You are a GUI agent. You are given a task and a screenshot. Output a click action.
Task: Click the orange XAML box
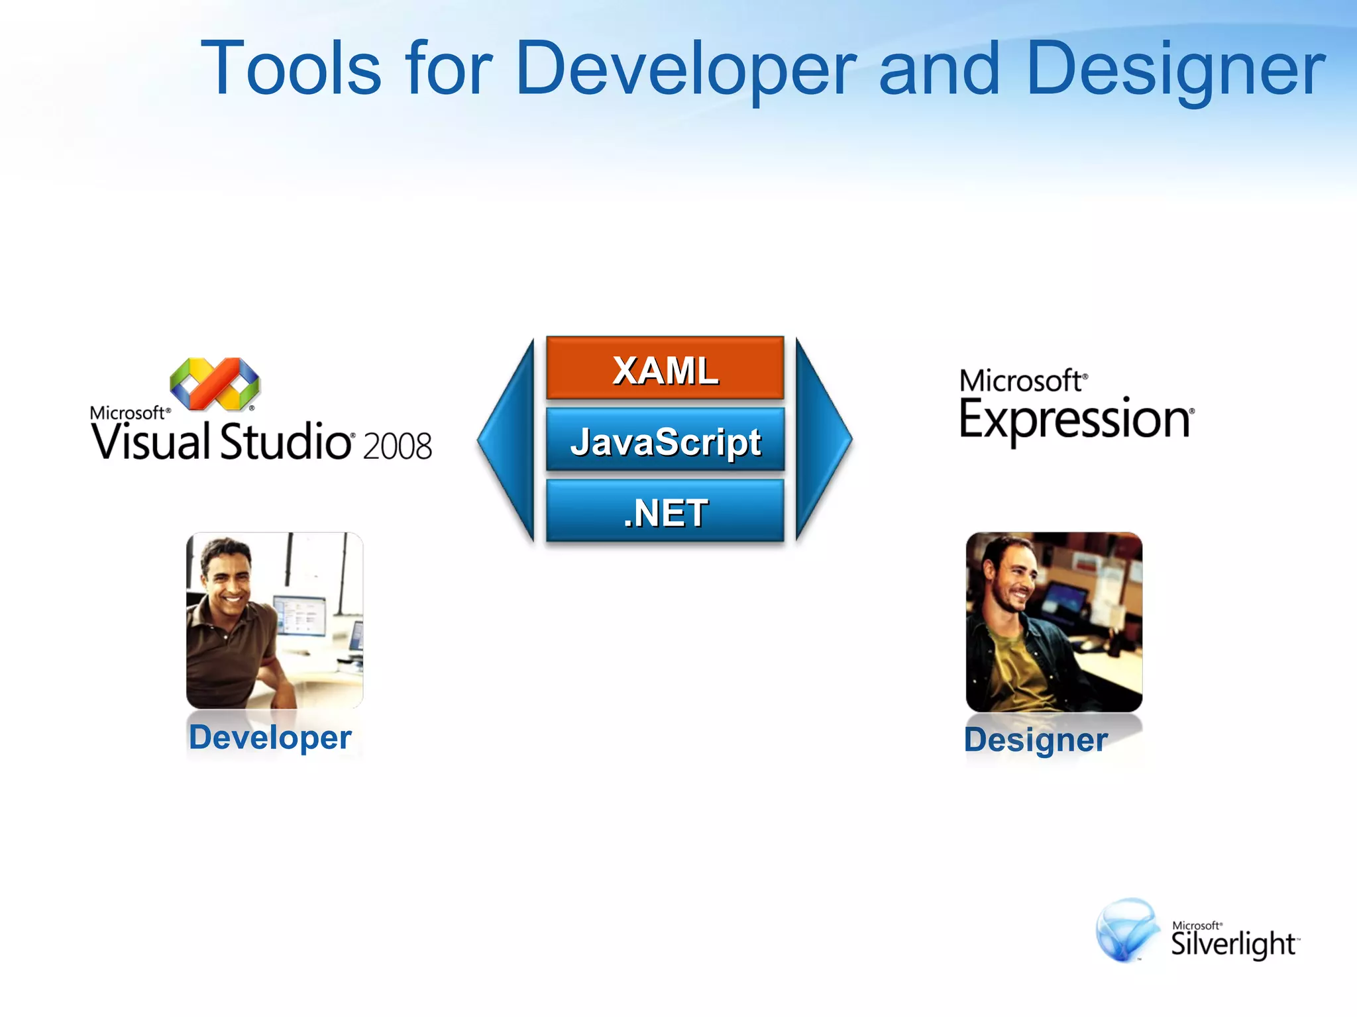(665, 368)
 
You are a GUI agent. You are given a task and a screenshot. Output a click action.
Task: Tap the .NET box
(665, 511)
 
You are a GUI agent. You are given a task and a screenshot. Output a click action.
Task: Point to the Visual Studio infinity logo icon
(214, 384)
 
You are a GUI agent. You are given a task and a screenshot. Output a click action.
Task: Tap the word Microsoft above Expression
(1020, 381)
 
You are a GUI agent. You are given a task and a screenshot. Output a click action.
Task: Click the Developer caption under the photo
(270, 737)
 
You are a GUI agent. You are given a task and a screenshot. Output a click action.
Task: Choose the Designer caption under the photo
(1036, 740)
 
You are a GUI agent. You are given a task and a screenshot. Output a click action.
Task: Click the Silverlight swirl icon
(1126, 930)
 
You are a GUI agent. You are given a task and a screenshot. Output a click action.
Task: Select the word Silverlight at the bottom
(1232, 944)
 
